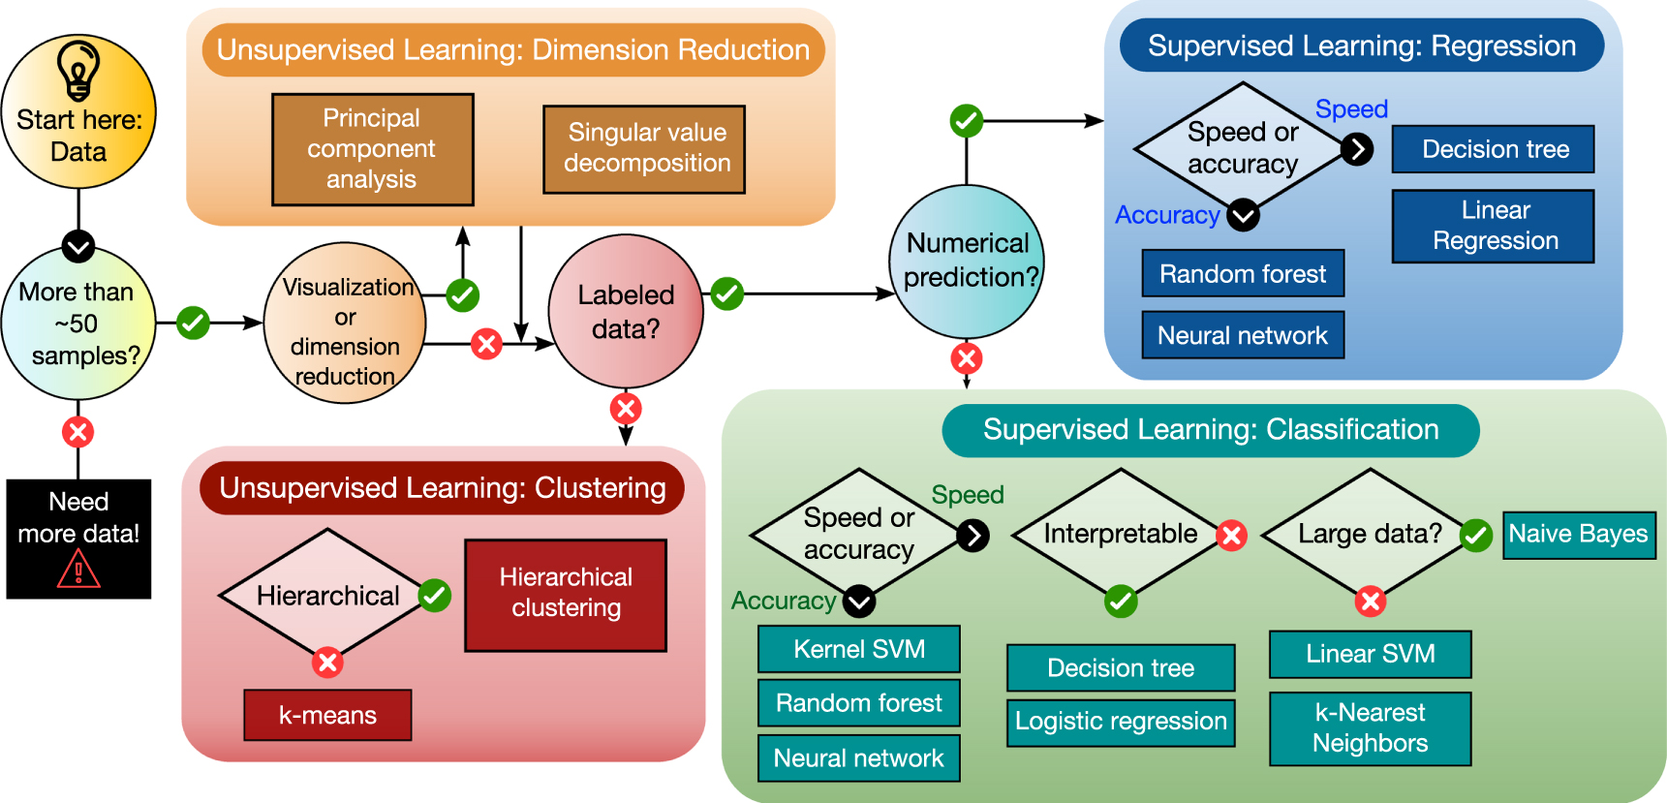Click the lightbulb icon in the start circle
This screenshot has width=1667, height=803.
pos(78,69)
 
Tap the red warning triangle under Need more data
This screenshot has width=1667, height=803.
pos(78,570)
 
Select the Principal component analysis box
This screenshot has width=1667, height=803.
pos(372,149)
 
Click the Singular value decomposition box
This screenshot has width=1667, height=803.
pos(644,149)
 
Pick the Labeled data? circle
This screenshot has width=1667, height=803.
pos(626,311)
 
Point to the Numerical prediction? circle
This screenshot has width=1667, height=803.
pos(967,262)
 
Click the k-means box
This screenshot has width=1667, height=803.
pos(327,715)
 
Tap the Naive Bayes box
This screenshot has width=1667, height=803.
pos(1578,535)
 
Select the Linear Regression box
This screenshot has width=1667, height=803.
pos(1493,226)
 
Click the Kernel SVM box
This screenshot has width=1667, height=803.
pos(858,649)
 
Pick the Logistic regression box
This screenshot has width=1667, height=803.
pos(1121,723)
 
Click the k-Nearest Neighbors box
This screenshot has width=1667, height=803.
pos(1370,728)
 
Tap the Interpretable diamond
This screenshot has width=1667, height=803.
pos(1120,534)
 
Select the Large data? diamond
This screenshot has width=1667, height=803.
pos(1369,534)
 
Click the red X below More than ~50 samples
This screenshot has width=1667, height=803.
pos(77,432)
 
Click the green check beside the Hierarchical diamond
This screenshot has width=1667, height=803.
pos(435,595)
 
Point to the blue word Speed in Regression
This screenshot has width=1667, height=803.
pos(1351,109)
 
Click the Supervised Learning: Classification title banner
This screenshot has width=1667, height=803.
pos(1210,430)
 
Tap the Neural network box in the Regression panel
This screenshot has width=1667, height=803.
pos(1243,335)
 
